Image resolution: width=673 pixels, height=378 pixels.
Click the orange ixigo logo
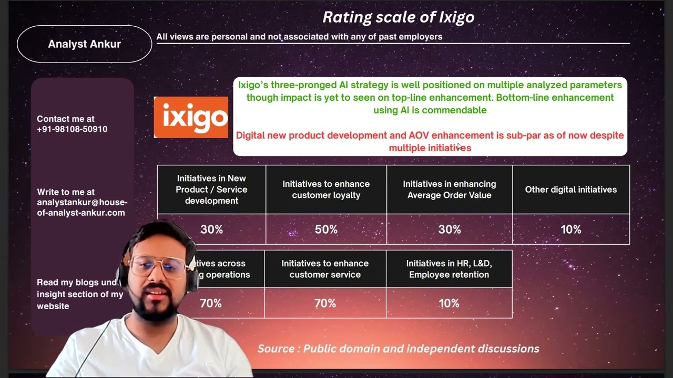coord(191,117)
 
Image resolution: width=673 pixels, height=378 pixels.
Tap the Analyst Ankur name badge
coord(84,44)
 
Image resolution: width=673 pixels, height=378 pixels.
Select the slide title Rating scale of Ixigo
coord(398,17)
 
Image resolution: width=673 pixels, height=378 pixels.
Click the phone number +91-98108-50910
coord(72,129)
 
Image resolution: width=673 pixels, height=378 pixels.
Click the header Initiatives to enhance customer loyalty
coord(326,190)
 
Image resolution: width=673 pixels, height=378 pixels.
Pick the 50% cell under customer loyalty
coord(326,229)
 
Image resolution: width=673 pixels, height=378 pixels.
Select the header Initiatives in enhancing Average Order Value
coord(449,190)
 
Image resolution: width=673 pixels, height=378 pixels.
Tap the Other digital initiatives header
coord(570,190)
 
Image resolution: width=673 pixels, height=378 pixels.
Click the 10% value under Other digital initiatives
coord(570,229)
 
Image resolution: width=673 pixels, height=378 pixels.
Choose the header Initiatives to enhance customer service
coord(325,269)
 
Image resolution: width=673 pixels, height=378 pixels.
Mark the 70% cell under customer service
coord(325,303)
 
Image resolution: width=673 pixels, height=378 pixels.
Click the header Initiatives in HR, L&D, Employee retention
coord(449,269)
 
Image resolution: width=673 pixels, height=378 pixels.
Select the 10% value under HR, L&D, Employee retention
coord(449,303)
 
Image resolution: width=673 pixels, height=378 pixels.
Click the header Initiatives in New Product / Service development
coord(211,190)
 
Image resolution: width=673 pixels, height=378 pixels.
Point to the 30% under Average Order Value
coord(449,229)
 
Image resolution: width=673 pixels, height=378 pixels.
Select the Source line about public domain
coord(398,349)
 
